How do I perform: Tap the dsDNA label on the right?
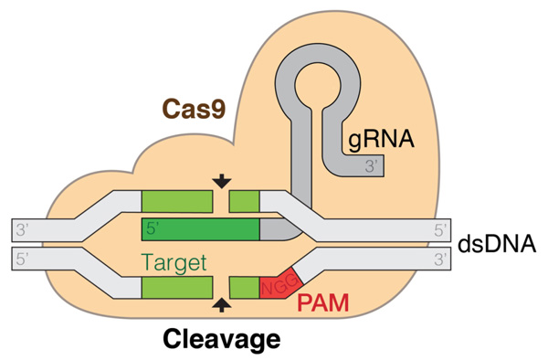point(501,244)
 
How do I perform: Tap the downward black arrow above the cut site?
point(221,183)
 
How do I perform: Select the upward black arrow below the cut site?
point(221,306)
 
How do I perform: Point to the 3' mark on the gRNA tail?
point(371,166)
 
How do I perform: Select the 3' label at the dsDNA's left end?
point(25,228)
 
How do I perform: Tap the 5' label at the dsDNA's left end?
point(25,259)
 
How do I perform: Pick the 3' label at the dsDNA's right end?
point(440,259)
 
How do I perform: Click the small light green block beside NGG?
point(244,288)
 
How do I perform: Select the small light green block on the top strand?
point(244,201)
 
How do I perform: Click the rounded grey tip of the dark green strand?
point(278,228)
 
